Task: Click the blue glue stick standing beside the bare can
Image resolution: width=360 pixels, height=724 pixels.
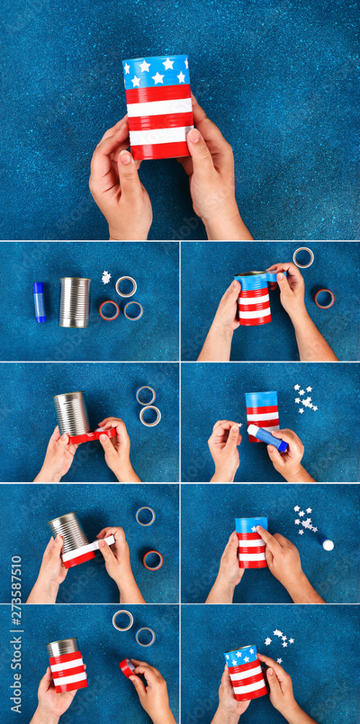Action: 40,302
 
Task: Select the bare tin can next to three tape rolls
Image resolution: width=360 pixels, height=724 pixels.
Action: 75,302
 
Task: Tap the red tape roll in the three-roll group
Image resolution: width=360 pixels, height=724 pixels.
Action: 109,310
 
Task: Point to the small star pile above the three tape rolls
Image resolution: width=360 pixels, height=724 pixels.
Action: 106,278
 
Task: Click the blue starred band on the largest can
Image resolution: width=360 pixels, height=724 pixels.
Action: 157,73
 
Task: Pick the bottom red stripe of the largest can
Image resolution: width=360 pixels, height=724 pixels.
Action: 160,150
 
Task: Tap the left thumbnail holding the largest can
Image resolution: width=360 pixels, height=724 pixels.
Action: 125,158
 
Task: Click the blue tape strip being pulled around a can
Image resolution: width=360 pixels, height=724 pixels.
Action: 259,276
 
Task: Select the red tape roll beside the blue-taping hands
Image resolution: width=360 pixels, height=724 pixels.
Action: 324,299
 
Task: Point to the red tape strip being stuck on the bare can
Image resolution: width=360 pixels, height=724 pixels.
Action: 93,435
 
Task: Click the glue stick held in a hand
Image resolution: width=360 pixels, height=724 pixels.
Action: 267,438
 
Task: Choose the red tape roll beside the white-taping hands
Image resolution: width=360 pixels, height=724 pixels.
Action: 153,560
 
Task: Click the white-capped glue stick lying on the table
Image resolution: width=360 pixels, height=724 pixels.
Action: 326,543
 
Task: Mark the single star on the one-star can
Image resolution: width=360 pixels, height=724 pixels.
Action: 254,528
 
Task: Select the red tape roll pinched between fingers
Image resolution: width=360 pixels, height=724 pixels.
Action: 127,667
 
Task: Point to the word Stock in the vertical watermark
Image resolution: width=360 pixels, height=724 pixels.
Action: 16,651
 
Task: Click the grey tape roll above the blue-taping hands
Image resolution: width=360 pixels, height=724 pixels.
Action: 303,257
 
